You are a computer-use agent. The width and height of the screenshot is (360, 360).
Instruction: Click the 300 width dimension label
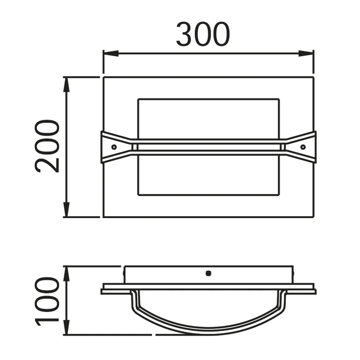tap(203, 34)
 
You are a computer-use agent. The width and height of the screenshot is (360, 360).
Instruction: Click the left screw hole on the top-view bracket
tap(114, 147)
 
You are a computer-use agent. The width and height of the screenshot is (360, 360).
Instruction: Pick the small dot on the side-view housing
tap(208, 273)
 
